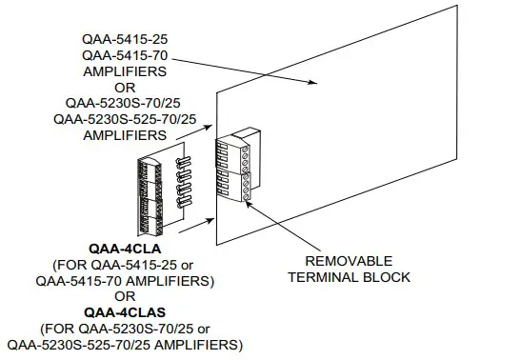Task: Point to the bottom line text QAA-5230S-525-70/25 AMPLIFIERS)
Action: point(125,343)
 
